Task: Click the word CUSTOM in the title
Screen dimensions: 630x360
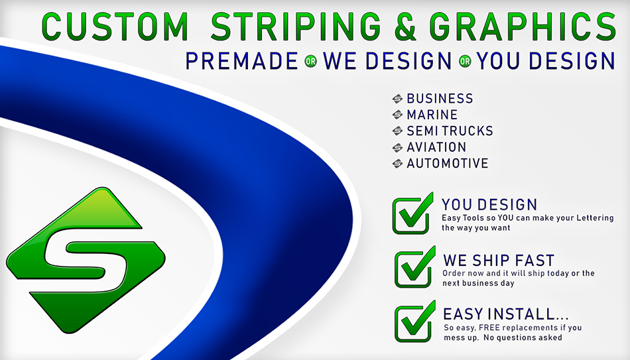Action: pyautogui.click(x=115, y=27)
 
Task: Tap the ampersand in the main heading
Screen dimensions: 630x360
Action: pyautogui.click(x=406, y=27)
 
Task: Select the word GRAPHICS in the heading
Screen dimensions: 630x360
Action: pyautogui.click(x=523, y=27)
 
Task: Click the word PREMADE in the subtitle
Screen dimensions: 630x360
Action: pyautogui.click(x=241, y=61)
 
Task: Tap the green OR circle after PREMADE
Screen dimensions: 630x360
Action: pyautogui.click(x=310, y=62)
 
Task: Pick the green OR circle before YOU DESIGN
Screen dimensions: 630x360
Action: pyautogui.click(x=465, y=62)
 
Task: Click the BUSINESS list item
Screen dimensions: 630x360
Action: pyautogui.click(x=440, y=98)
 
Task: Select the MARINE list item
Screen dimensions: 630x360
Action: pyautogui.click(x=432, y=115)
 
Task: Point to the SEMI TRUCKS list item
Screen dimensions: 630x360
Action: pyautogui.click(x=450, y=131)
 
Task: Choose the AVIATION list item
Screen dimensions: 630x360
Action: pyautogui.click(x=436, y=147)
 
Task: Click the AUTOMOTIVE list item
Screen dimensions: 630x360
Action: pyautogui.click(x=448, y=163)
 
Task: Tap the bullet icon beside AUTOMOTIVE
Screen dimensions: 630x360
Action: pyautogui.click(x=397, y=164)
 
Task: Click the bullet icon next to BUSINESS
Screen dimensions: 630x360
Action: pyautogui.click(x=397, y=99)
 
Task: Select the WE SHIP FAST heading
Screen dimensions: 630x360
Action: pyautogui.click(x=499, y=261)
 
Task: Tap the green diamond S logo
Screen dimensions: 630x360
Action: pyautogui.click(x=86, y=260)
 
